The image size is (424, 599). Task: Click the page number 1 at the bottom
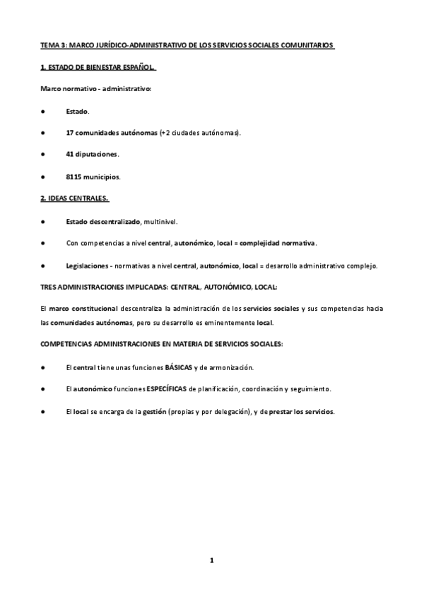(x=211, y=560)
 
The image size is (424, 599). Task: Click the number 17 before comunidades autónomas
(x=70, y=133)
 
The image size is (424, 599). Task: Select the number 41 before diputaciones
(x=70, y=154)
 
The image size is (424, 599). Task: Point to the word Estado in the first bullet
(x=77, y=112)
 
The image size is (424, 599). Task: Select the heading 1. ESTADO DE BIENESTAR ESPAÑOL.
(x=98, y=69)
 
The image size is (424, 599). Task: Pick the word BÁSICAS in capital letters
(x=179, y=367)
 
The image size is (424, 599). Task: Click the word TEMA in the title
(x=49, y=46)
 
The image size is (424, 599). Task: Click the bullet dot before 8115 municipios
(x=43, y=176)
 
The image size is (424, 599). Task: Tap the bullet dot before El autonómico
(x=43, y=389)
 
